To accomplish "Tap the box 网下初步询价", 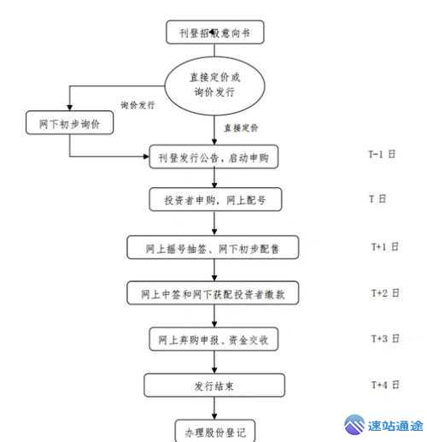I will (69, 123).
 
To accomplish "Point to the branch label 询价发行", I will (138, 106).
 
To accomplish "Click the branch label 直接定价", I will (241, 128).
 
